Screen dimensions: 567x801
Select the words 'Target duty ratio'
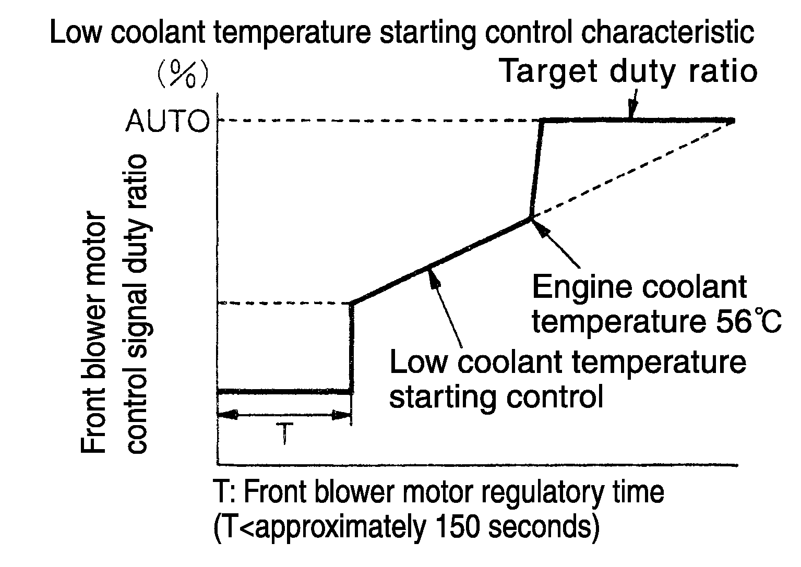628,71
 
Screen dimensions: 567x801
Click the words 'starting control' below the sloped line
496,398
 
